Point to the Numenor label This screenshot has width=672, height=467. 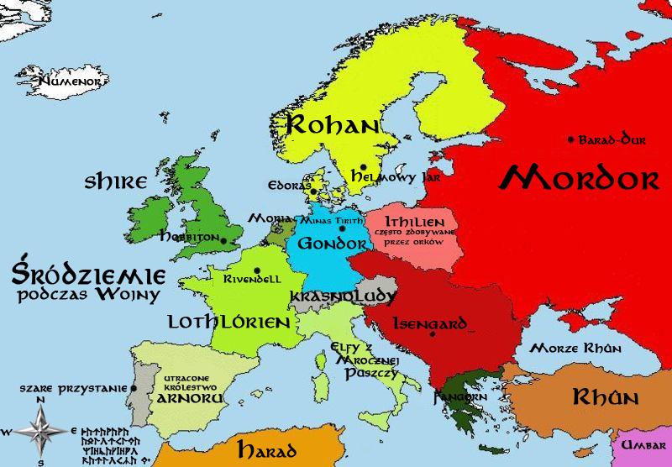(70, 82)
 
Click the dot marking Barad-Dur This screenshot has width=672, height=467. (571, 139)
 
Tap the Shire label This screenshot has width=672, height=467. (116, 181)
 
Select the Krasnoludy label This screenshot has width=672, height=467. (342, 296)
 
